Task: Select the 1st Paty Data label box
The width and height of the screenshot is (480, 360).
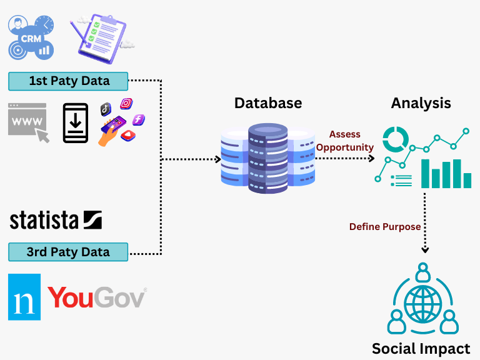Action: [68, 81]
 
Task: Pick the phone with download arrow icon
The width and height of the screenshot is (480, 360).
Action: [76, 123]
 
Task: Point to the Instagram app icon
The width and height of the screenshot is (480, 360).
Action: [126, 104]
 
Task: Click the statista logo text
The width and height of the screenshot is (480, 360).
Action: [56, 220]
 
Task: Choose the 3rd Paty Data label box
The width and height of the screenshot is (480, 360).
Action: [68, 252]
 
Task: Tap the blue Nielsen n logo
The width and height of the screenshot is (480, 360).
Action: [24, 297]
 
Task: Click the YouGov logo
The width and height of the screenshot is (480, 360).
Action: [97, 297]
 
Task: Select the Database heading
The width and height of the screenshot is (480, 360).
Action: [268, 102]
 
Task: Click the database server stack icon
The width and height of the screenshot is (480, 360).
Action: [267, 158]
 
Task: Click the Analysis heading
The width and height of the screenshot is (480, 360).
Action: [421, 102]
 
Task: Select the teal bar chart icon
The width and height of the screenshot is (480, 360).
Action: [446, 173]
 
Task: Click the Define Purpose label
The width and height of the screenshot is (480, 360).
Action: [384, 227]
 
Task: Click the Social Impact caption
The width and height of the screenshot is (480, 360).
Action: [421, 348]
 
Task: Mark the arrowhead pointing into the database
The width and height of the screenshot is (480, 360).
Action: [218, 159]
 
